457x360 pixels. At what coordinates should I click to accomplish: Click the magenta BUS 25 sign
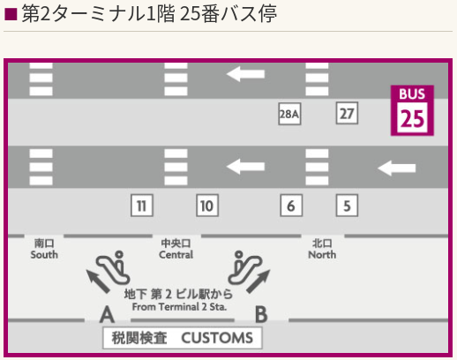412,110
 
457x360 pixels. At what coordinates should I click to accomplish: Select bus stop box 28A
289,114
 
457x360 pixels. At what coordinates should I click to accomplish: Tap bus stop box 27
347,113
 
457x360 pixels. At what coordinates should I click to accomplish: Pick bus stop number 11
142,206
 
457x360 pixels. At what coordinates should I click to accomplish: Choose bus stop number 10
207,206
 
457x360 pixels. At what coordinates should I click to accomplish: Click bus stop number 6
291,206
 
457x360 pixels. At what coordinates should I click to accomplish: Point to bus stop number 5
347,206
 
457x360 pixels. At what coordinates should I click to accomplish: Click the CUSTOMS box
183,338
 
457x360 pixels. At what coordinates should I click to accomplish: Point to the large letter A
107,314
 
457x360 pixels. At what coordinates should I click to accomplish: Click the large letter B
261,314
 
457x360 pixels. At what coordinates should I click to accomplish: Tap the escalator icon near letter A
113,267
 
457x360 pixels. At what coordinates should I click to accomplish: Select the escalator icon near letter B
245,267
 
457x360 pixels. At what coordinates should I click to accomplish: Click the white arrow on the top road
245,74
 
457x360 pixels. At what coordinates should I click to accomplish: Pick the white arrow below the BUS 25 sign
396,168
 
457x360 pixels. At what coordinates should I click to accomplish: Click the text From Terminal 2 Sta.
179,307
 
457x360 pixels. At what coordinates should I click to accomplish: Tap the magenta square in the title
11,14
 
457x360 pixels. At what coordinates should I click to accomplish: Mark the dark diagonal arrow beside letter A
97,281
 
